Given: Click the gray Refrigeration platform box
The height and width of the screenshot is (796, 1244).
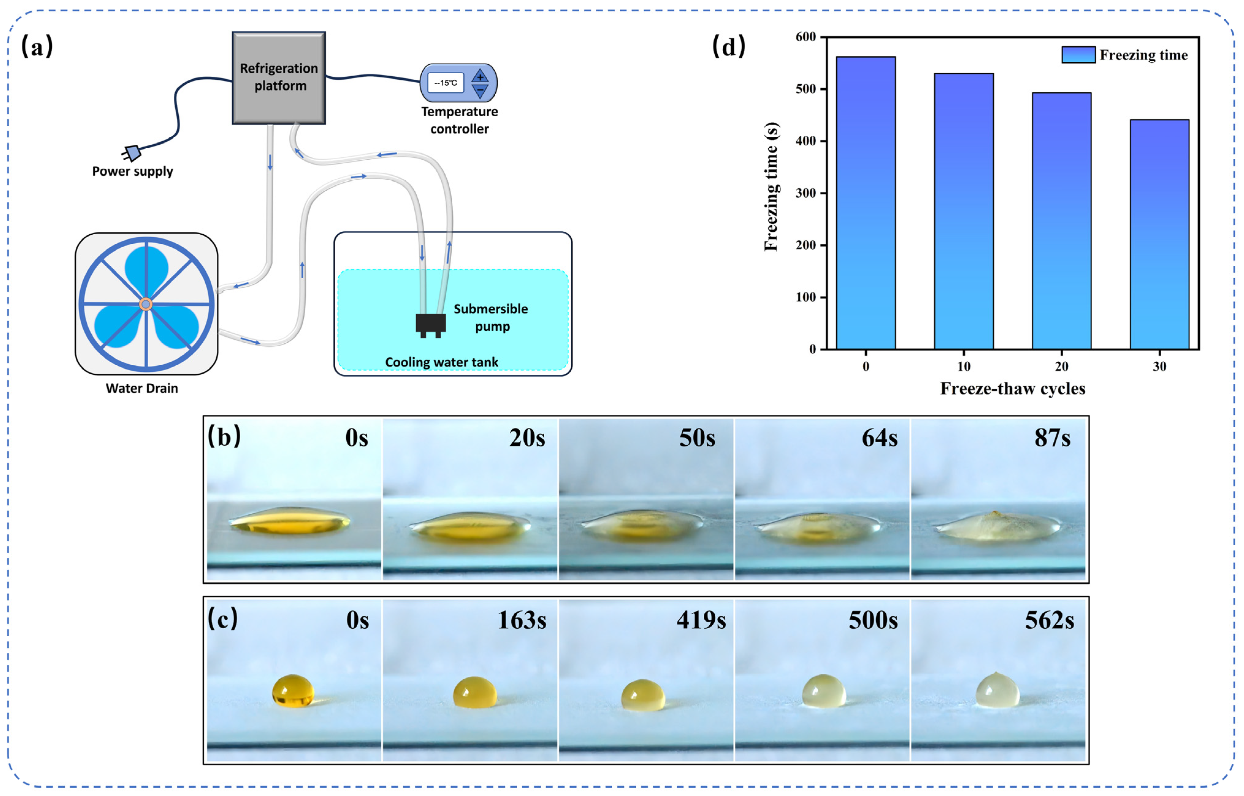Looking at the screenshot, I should (x=279, y=78).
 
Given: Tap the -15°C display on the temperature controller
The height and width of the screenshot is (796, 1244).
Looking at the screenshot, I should (x=446, y=83).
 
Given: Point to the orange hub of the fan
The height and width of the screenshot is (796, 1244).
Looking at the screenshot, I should (x=146, y=304).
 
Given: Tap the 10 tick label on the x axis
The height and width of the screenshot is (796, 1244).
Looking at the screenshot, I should (x=963, y=367).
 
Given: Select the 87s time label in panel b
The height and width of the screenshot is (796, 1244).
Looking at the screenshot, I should (x=1052, y=438).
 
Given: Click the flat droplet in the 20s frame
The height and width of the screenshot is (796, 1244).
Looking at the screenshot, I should (x=469, y=527).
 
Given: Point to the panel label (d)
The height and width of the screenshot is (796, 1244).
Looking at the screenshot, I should (x=729, y=47).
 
